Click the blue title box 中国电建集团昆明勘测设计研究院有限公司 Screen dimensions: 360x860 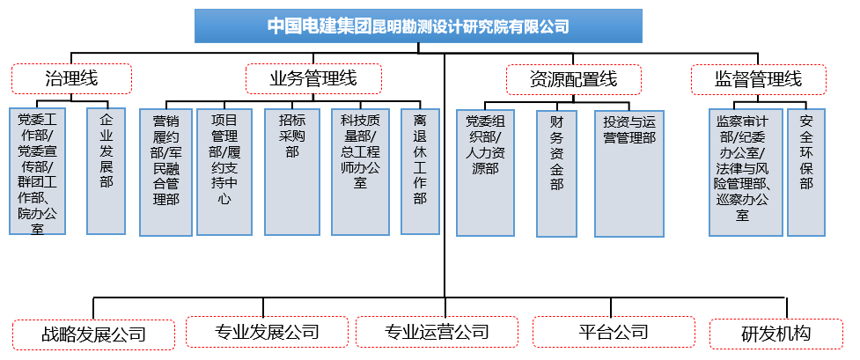tap(418, 26)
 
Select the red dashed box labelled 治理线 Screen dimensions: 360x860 tap(71, 78)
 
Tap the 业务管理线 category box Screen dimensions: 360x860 tap(313, 78)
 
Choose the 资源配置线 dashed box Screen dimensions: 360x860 tap(573, 79)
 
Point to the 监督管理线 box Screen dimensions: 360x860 tap(759, 79)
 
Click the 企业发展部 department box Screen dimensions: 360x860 tap(107, 171)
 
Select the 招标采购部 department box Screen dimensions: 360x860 tap(291, 171)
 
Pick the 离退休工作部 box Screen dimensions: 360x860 tap(419, 171)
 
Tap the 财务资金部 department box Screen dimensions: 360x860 tap(556, 173)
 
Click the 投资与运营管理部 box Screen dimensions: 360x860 tap(629, 173)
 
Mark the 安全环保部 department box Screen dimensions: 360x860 tap(806, 171)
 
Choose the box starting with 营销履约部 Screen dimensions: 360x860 tap(165, 173)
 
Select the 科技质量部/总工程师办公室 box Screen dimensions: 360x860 tap(359, 171)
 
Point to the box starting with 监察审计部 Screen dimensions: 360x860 tap(745, 171)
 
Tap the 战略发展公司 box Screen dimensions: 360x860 tap(93, 334)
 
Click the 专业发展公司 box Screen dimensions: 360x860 tap(268, 333)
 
